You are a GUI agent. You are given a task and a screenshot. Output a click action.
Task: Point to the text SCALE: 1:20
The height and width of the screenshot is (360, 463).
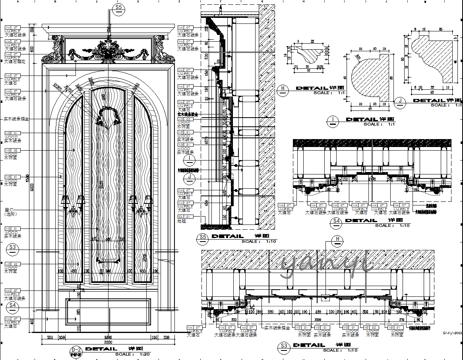tap(133, 354)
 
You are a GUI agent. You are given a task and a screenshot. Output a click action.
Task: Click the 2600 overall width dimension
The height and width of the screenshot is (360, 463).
tap(108, 342)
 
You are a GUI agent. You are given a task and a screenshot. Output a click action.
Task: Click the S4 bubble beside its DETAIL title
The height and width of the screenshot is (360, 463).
tap(336, 223)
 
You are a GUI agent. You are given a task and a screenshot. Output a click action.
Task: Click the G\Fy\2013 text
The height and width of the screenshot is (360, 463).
tap(452, 334)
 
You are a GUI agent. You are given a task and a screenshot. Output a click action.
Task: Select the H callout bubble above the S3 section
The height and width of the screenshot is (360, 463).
tap(338, 239)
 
